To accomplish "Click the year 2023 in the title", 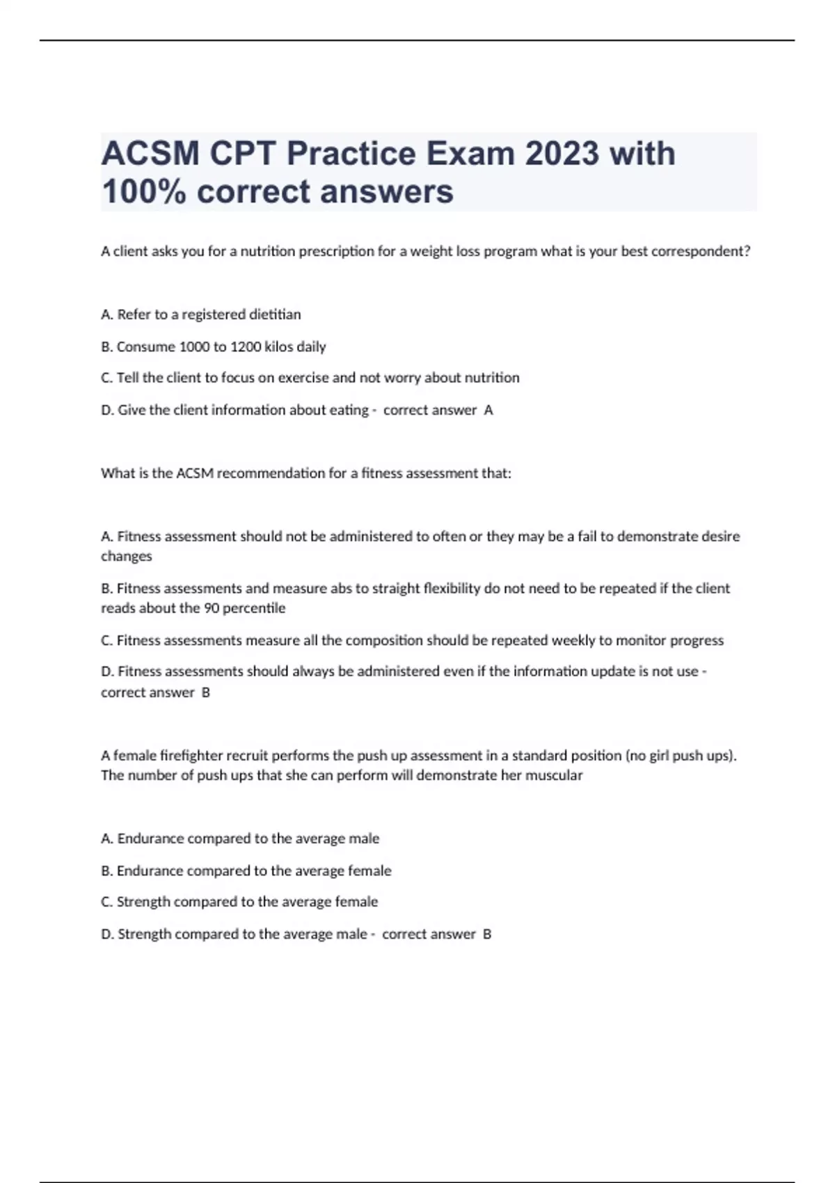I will pyautogui.click(x=562, y=154).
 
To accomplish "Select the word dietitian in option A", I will pyautogui.click(x=275, y=315).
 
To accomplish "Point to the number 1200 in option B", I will pyautogui.click(x=246, y=347).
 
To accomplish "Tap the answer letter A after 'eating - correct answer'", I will pyautogui.click(x=488, y=411).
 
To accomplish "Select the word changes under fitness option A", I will pyautogui.click(x=127, y=556).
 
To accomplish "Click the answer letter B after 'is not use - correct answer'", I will pyautogui.click(x=205, y=692).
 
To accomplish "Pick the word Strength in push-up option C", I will pyautogui.click(x=143, y=902).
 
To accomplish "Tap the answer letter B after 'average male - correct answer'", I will pyautogui.click(x=487, y=935).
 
